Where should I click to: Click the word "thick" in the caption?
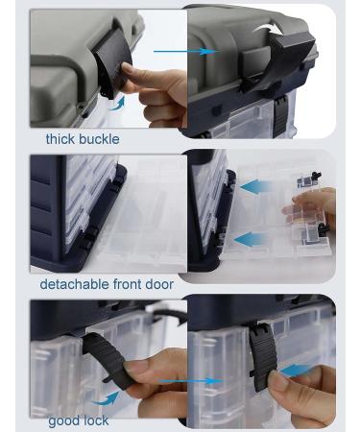[x=61, y=139]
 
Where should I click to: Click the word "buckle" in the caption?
[x=101, y=139]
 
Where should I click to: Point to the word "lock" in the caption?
[x=94, y=420]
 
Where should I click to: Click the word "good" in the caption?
[x=63, y=420]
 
